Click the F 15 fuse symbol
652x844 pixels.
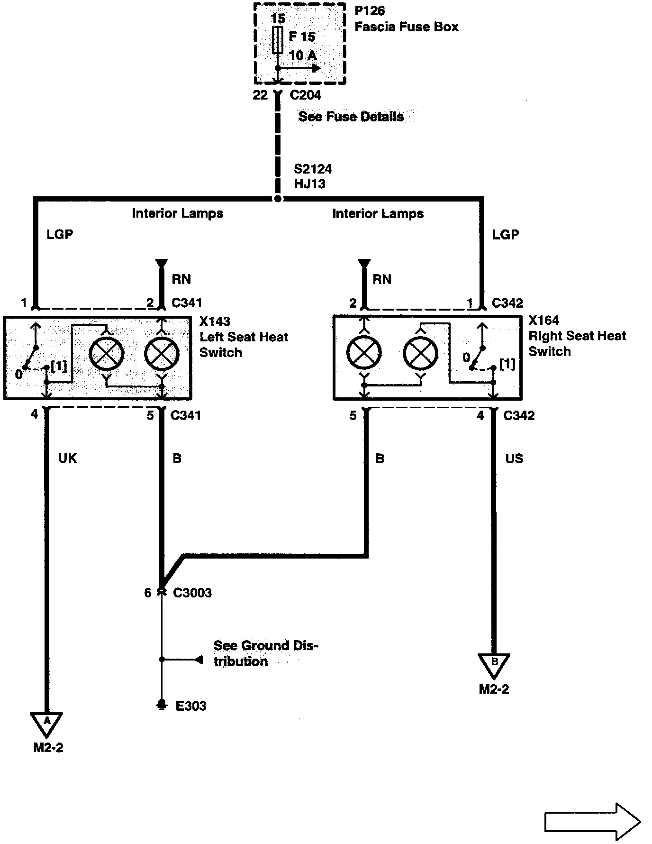tap(278, 40)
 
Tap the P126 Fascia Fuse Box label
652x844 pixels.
tap(406, 19)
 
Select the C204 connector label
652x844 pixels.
tap(305, 95)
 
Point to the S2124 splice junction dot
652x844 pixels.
tap(278, 199)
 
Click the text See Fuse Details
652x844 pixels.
tap(351, 117)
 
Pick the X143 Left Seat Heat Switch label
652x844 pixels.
tap(244, 337)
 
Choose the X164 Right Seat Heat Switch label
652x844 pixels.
tap(577, 336)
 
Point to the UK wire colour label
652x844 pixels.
tap(67, 459)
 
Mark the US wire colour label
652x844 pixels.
tap(514, 459)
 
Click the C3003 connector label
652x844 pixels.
tap(192, 593)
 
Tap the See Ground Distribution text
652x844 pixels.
tap(265, 653)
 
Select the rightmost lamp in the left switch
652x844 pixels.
tap(162, 354)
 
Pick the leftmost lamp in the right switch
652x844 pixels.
tap(364, 354)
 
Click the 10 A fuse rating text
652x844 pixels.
tap(303, 55)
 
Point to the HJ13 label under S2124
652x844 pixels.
tap(309, 184)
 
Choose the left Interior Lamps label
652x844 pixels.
tap(177, 213)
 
